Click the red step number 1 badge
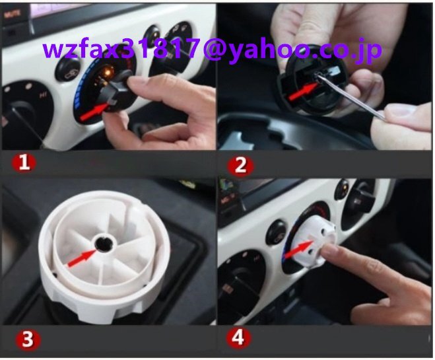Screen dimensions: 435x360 pos(24,162)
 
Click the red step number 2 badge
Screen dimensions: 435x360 pos(240,166)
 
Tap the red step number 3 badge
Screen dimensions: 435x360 pos(28,339)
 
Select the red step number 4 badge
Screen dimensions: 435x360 pos(238,338)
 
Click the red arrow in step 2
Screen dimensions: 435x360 pos(302,92)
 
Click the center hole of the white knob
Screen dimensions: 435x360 pos(103,244)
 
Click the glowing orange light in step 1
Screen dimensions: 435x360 pos(108,71)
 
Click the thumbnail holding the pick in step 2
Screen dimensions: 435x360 pos(399,112)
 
